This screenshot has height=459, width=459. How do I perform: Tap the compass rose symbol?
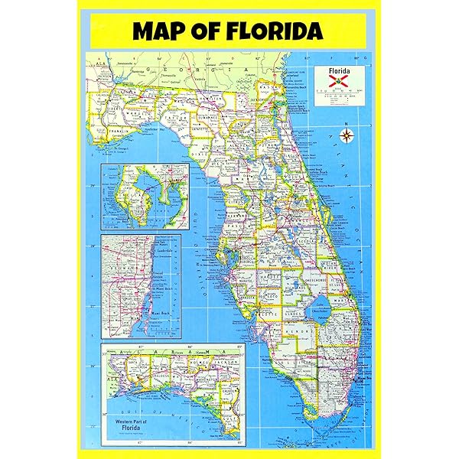point(347,137)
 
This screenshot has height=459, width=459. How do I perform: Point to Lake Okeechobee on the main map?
point(321,305)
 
